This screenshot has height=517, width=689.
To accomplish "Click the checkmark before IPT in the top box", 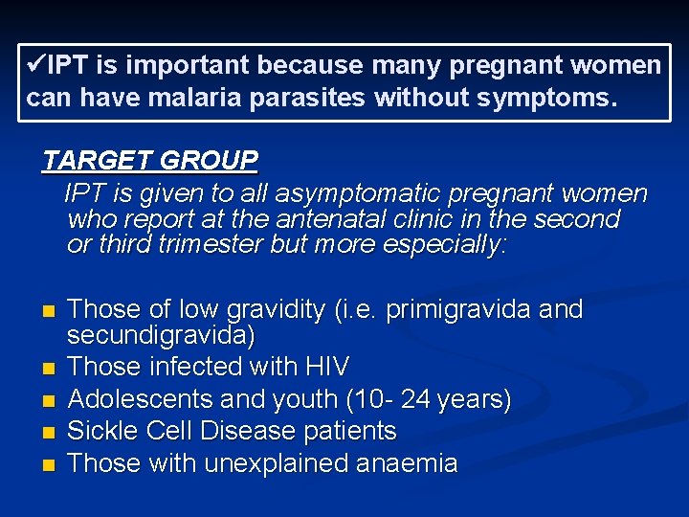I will point(36,65).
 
